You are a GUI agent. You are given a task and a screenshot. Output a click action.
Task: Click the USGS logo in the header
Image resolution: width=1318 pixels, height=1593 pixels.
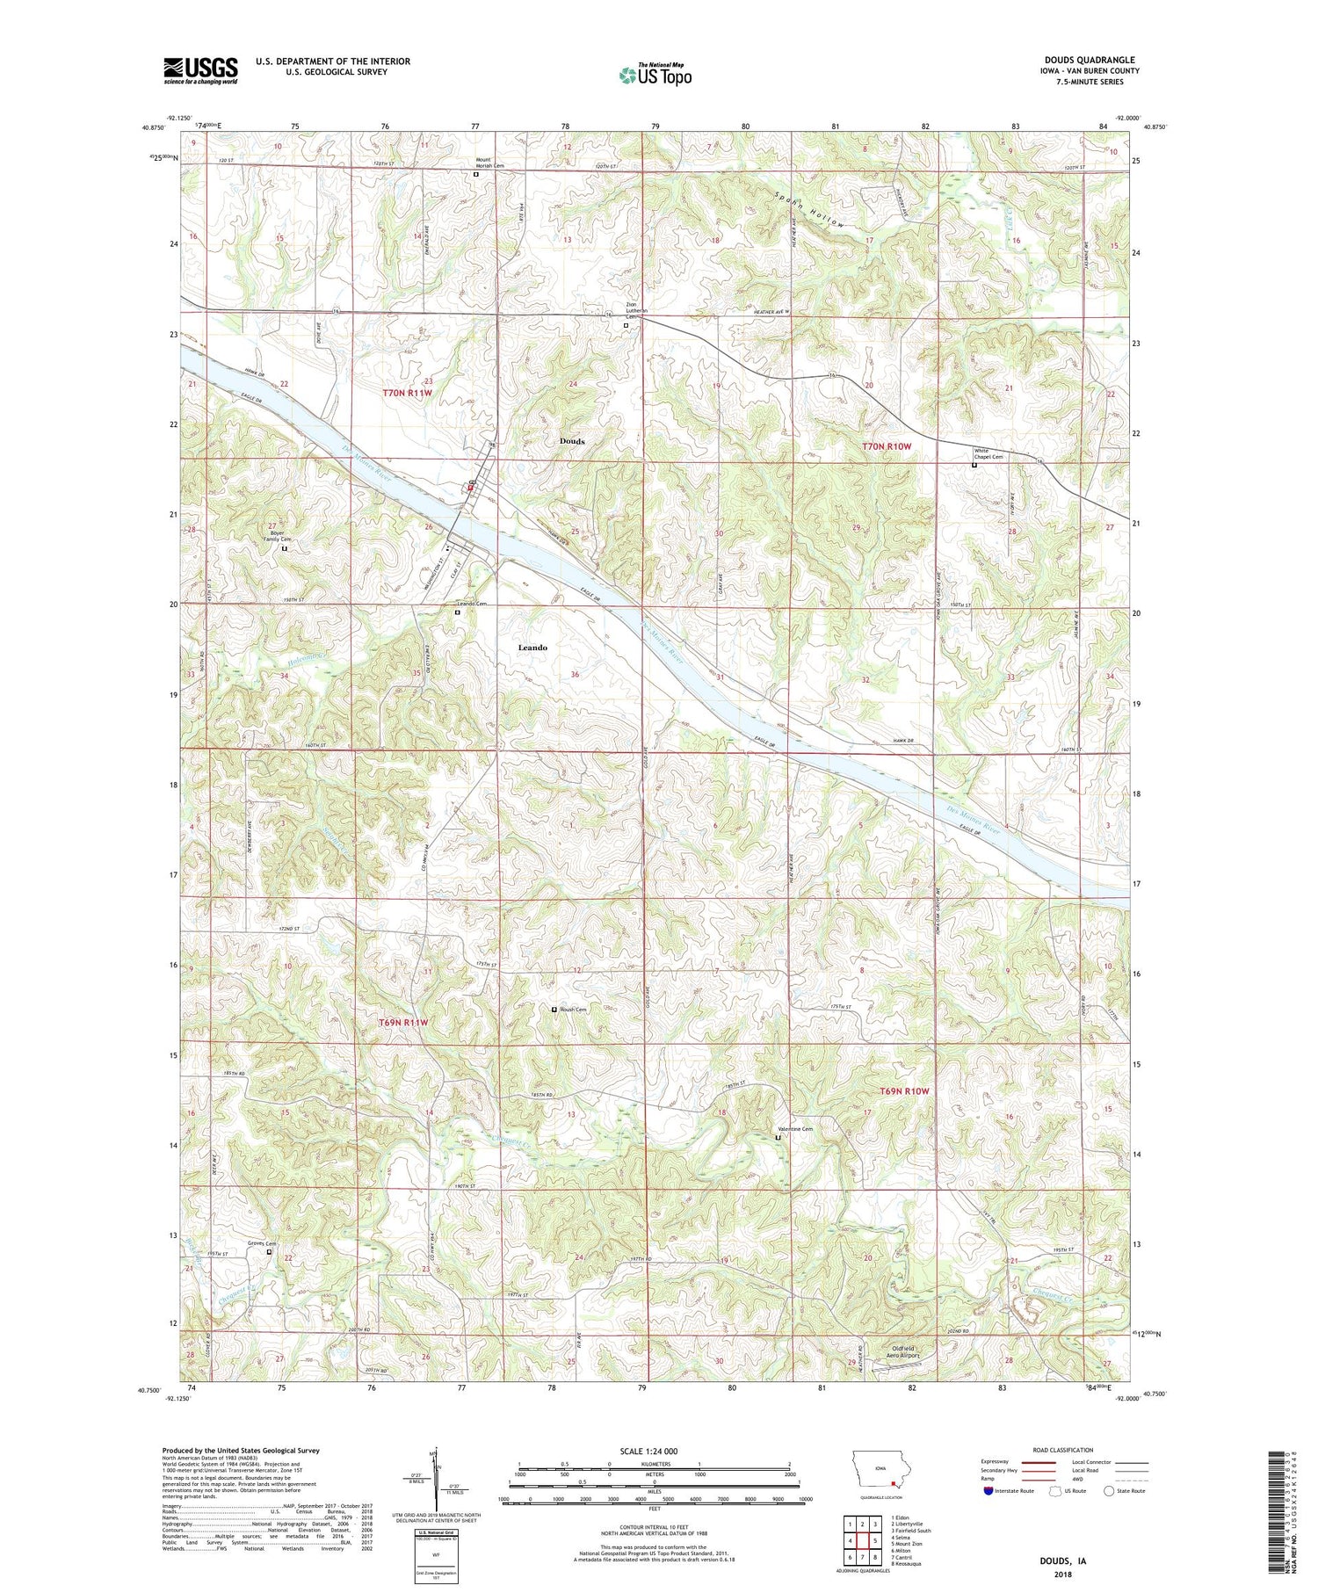pyautogui.click(x=200, y=70)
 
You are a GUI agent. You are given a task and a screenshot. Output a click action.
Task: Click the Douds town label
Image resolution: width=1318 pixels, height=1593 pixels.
pyautogui.click(x=572, y=441)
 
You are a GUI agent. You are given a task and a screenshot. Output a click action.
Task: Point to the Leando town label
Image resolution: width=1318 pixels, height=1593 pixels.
pyautogui.click(x=532, y=648)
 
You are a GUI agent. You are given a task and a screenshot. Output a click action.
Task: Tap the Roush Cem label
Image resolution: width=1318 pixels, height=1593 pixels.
pyautogui.click(x=572, y=1010)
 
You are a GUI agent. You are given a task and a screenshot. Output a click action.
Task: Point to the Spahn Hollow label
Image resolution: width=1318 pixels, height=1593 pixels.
pyautogui.click(x=809, y=211)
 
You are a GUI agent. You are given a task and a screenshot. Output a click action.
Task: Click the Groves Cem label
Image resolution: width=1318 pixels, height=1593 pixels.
pyautogui.click(x=262, y=1243)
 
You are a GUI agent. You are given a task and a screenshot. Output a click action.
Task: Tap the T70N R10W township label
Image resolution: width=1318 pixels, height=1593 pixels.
pyautogui.click(x=887, y=446)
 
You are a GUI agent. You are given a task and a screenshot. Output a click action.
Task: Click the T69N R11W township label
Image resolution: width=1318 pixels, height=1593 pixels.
pyautogui.click(x=403, y=1023)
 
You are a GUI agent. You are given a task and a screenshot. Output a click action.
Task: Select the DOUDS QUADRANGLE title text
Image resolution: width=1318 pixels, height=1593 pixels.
pyautogui.click(x=1085, y=60)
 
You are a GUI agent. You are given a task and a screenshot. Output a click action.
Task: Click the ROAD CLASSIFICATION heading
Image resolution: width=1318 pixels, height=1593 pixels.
pyautogui.click(x=1063, y=1450)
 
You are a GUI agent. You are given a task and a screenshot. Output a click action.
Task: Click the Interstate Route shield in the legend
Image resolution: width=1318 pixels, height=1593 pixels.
pyautogui.click(x=988, y=1491)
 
